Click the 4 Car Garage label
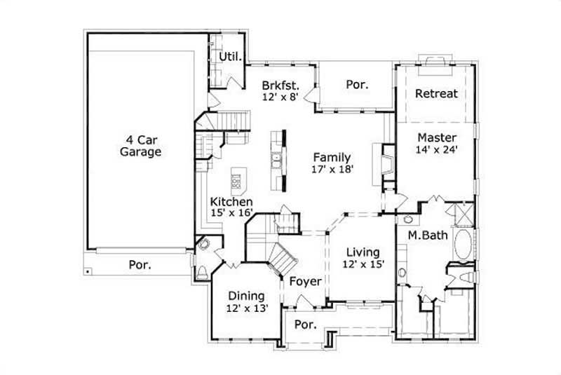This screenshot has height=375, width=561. click(x=140, y=145)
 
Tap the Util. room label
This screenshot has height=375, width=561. click(x=230, y=56)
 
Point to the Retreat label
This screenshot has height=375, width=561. click(x=436, y=93)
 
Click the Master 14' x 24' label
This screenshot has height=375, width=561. click(x=437, y=143)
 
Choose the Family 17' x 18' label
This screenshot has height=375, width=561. click(x=332, y=163)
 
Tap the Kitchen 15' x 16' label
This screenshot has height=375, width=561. click(x=231, y=207)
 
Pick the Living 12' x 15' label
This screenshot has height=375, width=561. click(x=363, y=258)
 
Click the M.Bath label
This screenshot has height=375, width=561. click(x=428, y=236)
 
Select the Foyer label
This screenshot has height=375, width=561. click(x=306, y=282)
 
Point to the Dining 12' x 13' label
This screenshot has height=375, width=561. click(x=245, y=301)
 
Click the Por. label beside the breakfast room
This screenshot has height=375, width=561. click(x=356, y=84)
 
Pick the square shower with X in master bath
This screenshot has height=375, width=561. click(x=464, y=213)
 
